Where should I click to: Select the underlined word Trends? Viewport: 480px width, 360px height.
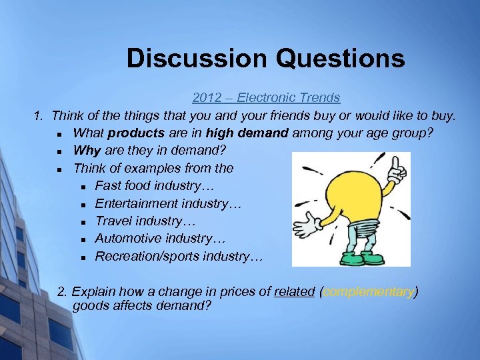(x=316, y=98)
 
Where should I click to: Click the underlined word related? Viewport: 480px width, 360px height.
(x=294, y=291)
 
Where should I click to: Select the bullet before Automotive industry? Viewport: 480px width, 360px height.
(x=83, y=239)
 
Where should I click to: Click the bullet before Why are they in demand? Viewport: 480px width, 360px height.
(x=61, y=151)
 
